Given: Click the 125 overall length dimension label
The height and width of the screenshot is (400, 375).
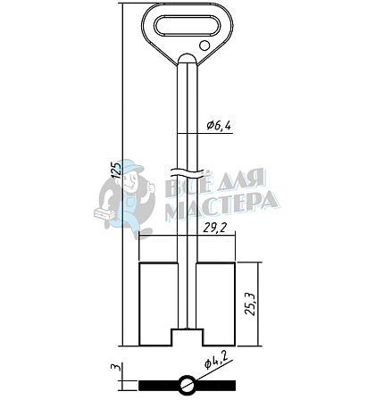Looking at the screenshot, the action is pyautogui.click(x=117, y=170).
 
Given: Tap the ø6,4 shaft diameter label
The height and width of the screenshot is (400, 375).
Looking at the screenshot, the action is pyautogui.click(x=219, y=126).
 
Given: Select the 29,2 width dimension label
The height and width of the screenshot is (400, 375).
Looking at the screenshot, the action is pyautogui.click(x=215, y=229).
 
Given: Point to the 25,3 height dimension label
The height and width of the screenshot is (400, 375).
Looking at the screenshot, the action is pyautogui.click(x=249, y=304).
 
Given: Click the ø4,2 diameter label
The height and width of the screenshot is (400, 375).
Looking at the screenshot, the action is pyautogui.click(x=216, y=361).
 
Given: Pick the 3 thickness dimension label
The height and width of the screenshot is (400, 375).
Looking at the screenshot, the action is pyautogui.click(x=116, y=367).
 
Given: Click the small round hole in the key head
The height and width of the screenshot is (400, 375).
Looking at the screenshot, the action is pyautogui.click(x=204, y=46).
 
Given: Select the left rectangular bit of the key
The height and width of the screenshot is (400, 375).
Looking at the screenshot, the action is pyautogui.click(x=158, y=304).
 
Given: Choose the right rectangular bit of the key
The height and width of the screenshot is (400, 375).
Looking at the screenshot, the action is pyautogui.click(x=216, y=304).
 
